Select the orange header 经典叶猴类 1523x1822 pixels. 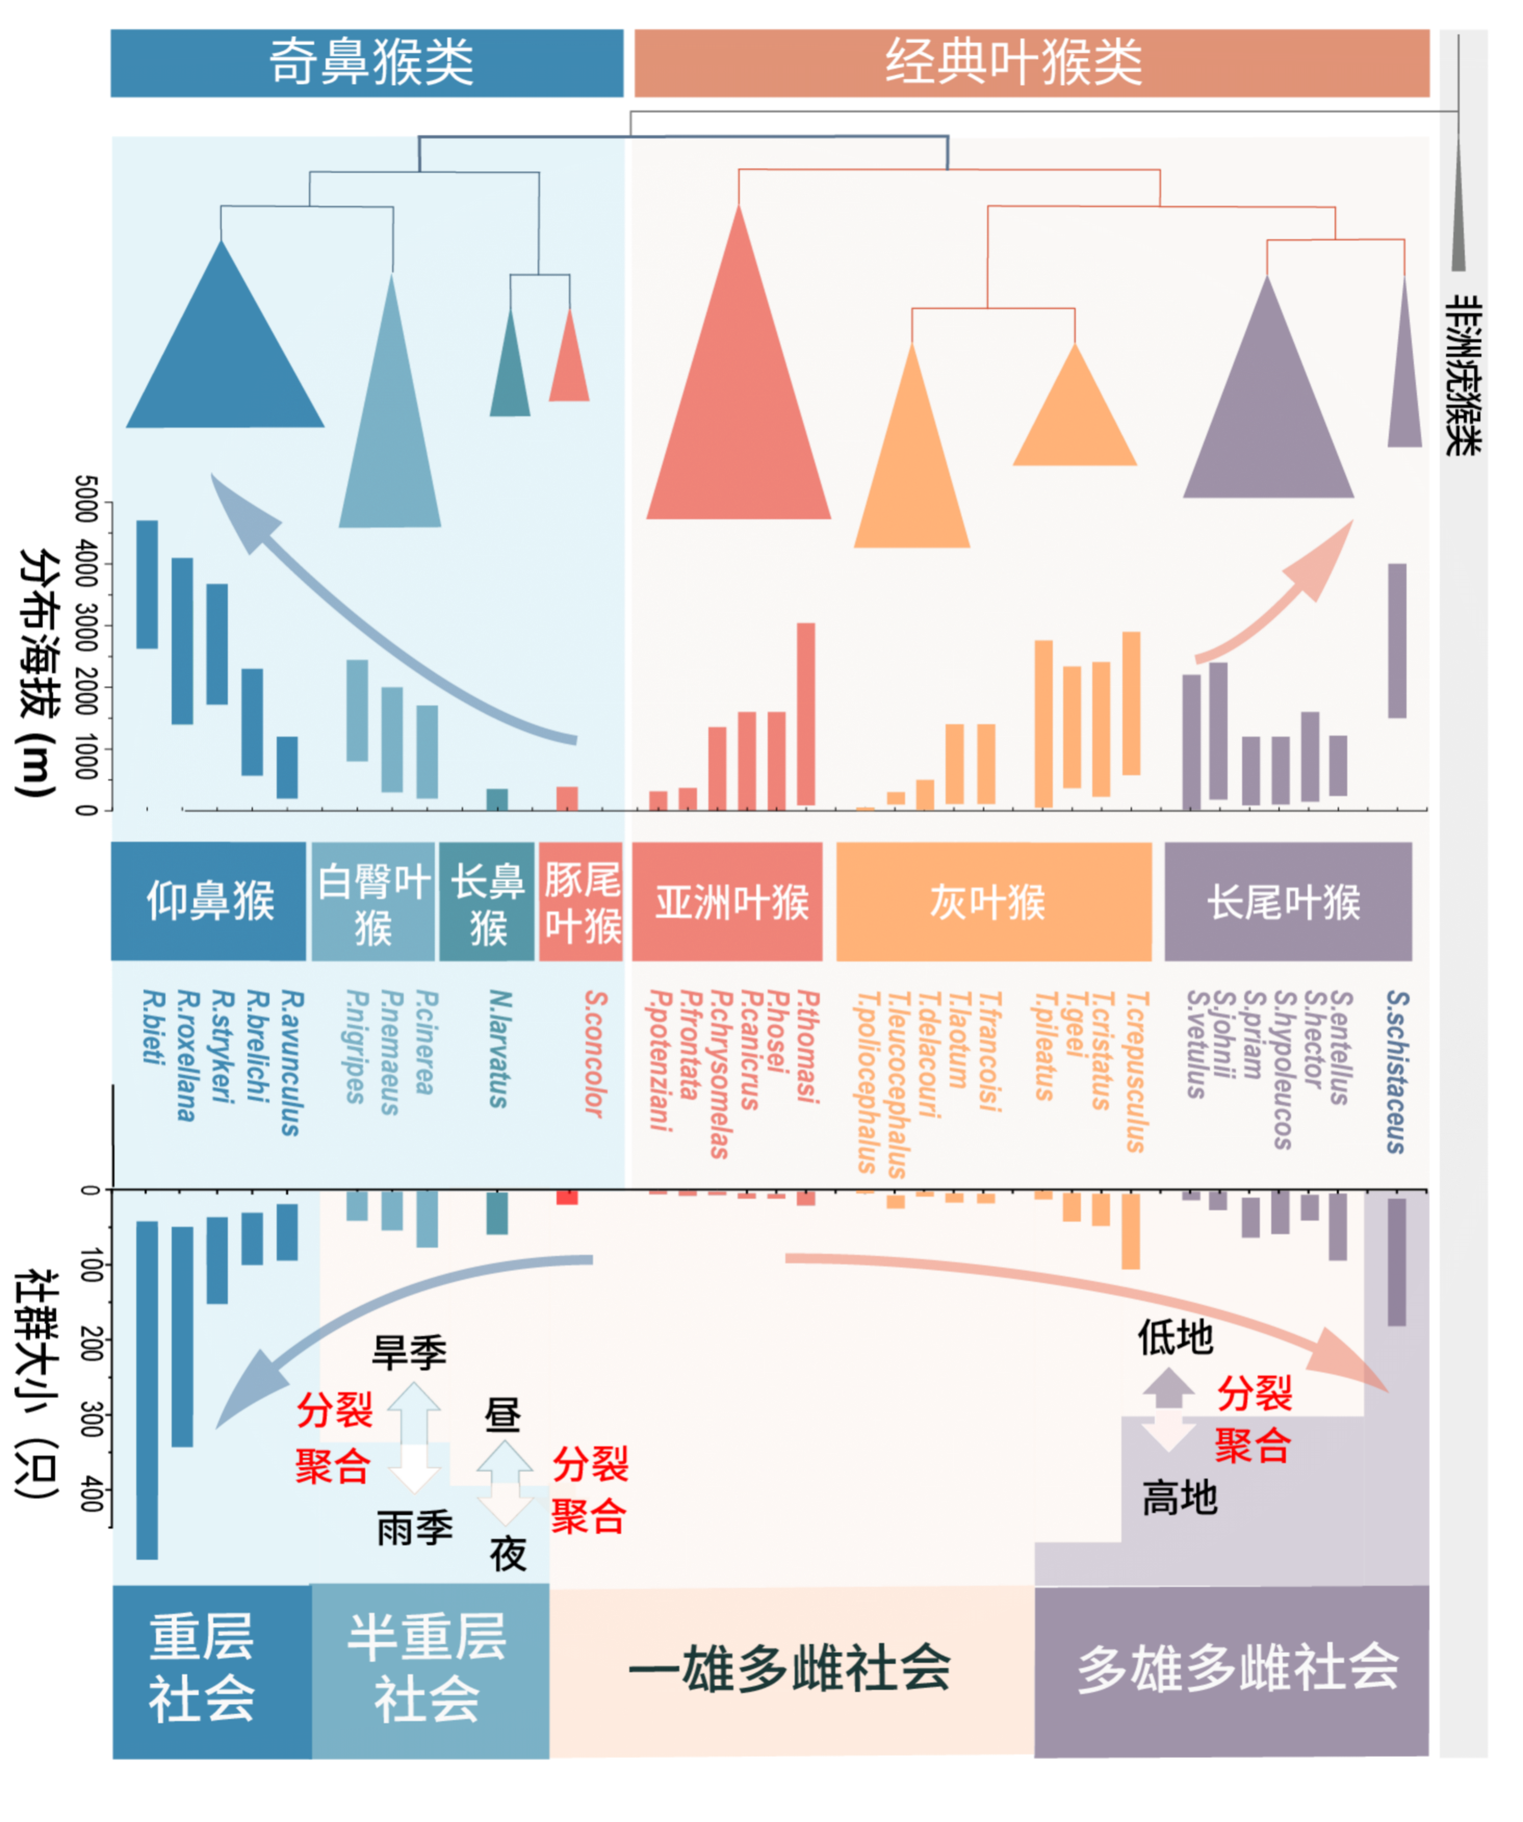1030,62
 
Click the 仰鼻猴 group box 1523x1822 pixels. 208,901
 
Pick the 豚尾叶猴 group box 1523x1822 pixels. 580,901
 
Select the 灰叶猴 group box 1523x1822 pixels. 993,901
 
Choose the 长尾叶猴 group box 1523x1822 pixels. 1287,901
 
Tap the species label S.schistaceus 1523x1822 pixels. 1396,1072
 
